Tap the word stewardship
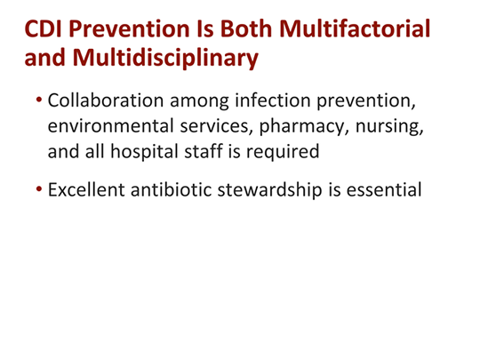(x=281, y=190)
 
